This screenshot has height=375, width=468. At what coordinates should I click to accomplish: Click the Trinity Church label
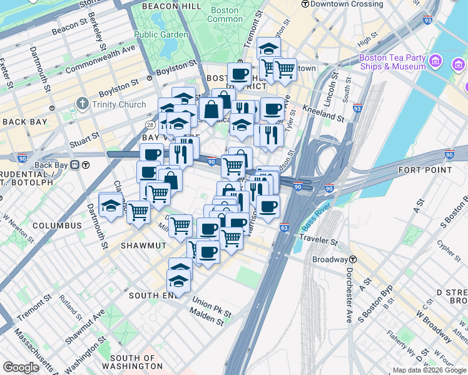(x=119, y=104)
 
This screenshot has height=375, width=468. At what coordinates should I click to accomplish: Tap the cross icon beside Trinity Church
(x=82, y=103)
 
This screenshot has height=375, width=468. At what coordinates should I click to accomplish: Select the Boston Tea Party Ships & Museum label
(x=392, y=62)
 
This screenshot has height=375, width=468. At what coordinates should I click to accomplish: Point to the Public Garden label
(x=160, y=34)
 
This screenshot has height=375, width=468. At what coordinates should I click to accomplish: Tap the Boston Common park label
(x=225, y=14)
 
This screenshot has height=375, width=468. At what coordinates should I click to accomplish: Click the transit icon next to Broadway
(x=353, y=259)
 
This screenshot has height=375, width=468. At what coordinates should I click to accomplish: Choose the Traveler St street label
(x=318, y=239)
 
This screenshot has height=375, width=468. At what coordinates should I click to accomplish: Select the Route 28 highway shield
(x=151, y=125)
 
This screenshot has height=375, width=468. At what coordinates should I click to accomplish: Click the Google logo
(x=21, y=367)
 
